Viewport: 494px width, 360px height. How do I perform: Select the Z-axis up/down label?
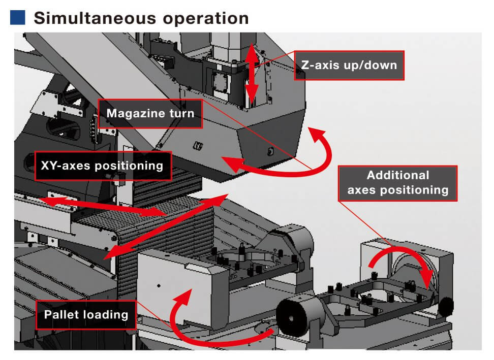tap(349, 65)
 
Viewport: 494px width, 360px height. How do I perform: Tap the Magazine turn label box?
tap(150, 113)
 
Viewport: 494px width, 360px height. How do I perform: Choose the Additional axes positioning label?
tap(398, 183)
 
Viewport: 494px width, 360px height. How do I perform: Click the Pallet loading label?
tap(86, 314)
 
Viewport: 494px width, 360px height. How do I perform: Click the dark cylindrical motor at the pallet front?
tap(293, 318)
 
